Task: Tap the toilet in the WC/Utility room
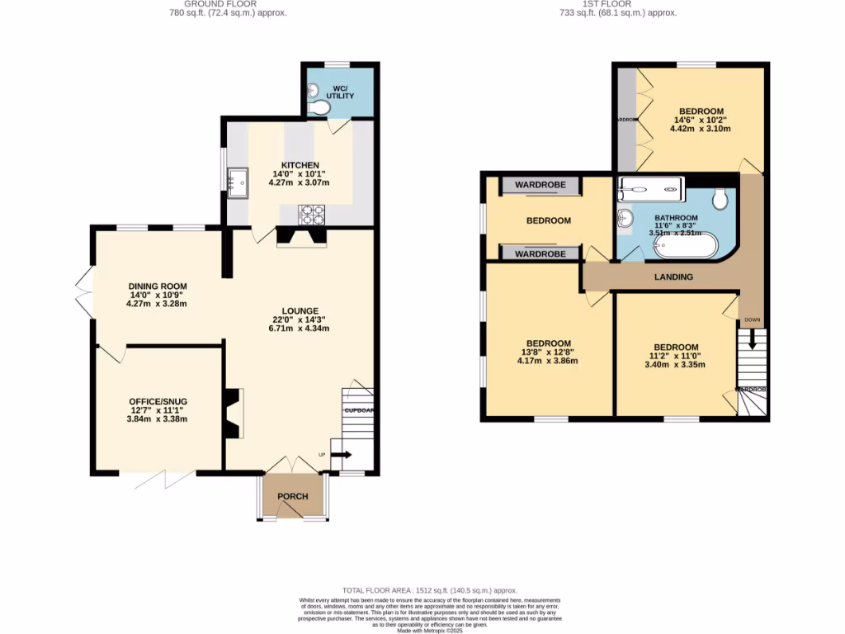(x=317, y=107)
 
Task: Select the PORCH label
(x=293, y=496)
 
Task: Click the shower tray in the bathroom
(x=652, y=188)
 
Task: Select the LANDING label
(x=673, y=277)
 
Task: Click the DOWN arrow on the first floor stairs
(x=752, y=338)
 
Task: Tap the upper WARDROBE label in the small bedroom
(x=541, y=185)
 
